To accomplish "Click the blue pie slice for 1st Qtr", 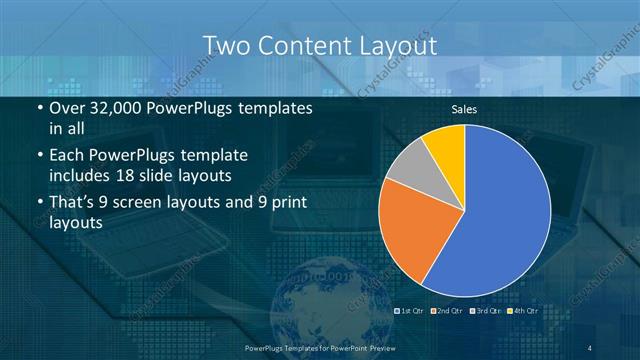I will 500,210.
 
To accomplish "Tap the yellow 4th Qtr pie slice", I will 446,144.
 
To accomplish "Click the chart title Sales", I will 464,109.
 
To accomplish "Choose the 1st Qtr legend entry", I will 411,312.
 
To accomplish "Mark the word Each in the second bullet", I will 67,156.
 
